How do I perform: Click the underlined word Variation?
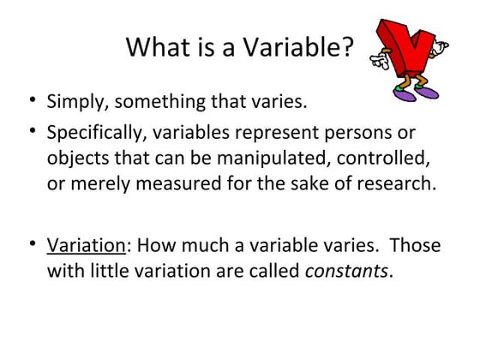[x=87, y=246]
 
